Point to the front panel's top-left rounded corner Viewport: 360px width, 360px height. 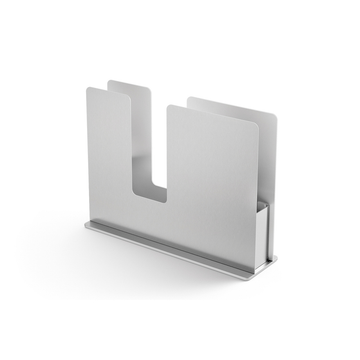coord(88,90)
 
